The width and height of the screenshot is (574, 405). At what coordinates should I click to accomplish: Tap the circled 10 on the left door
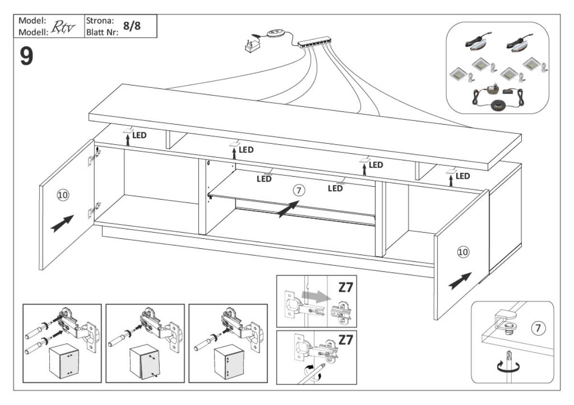click(x=63, y=195)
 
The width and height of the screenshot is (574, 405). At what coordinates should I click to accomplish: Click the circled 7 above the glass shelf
click(x=298, y=191)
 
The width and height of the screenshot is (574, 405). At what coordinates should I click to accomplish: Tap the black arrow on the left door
click(x=63, y=223)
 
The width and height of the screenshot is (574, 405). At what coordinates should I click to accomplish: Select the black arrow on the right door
click(x=460, y=281)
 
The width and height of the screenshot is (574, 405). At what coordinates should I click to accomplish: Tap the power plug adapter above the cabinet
click(x=252, y=46)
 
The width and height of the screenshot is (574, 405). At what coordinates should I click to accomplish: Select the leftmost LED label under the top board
click(x=139, y=135)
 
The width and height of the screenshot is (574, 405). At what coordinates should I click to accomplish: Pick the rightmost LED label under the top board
click(x=463, y=176)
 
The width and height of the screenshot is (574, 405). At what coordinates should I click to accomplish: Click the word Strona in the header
click(x=99, y=21)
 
